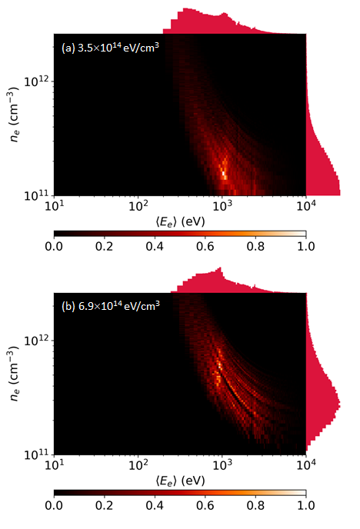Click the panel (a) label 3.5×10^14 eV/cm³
[118, 48]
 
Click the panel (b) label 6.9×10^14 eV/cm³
[118, 306]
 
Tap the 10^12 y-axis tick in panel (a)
[37, 81]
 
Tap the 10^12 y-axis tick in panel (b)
[37, 340]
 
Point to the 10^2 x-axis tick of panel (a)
[138, 205]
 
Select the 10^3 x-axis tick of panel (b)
[222, 464]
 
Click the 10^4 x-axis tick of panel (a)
[306, 205]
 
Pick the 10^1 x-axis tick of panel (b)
[55, 464]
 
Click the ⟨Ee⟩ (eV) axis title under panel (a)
[180, 221]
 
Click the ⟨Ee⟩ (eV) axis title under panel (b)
[180, 481]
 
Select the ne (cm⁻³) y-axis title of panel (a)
[13, 115]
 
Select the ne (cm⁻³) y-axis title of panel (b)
[13, 374]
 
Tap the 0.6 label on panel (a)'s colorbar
[205, 246]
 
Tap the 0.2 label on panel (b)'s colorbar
[104, 505]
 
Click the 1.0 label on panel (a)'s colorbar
[306, 246]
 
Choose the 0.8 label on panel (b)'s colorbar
[255, 505]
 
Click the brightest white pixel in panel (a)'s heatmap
[223, 174]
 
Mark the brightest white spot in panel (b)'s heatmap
[219, 364]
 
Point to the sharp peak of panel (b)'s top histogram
[220, 268]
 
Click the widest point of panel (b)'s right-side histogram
[339, 403]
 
